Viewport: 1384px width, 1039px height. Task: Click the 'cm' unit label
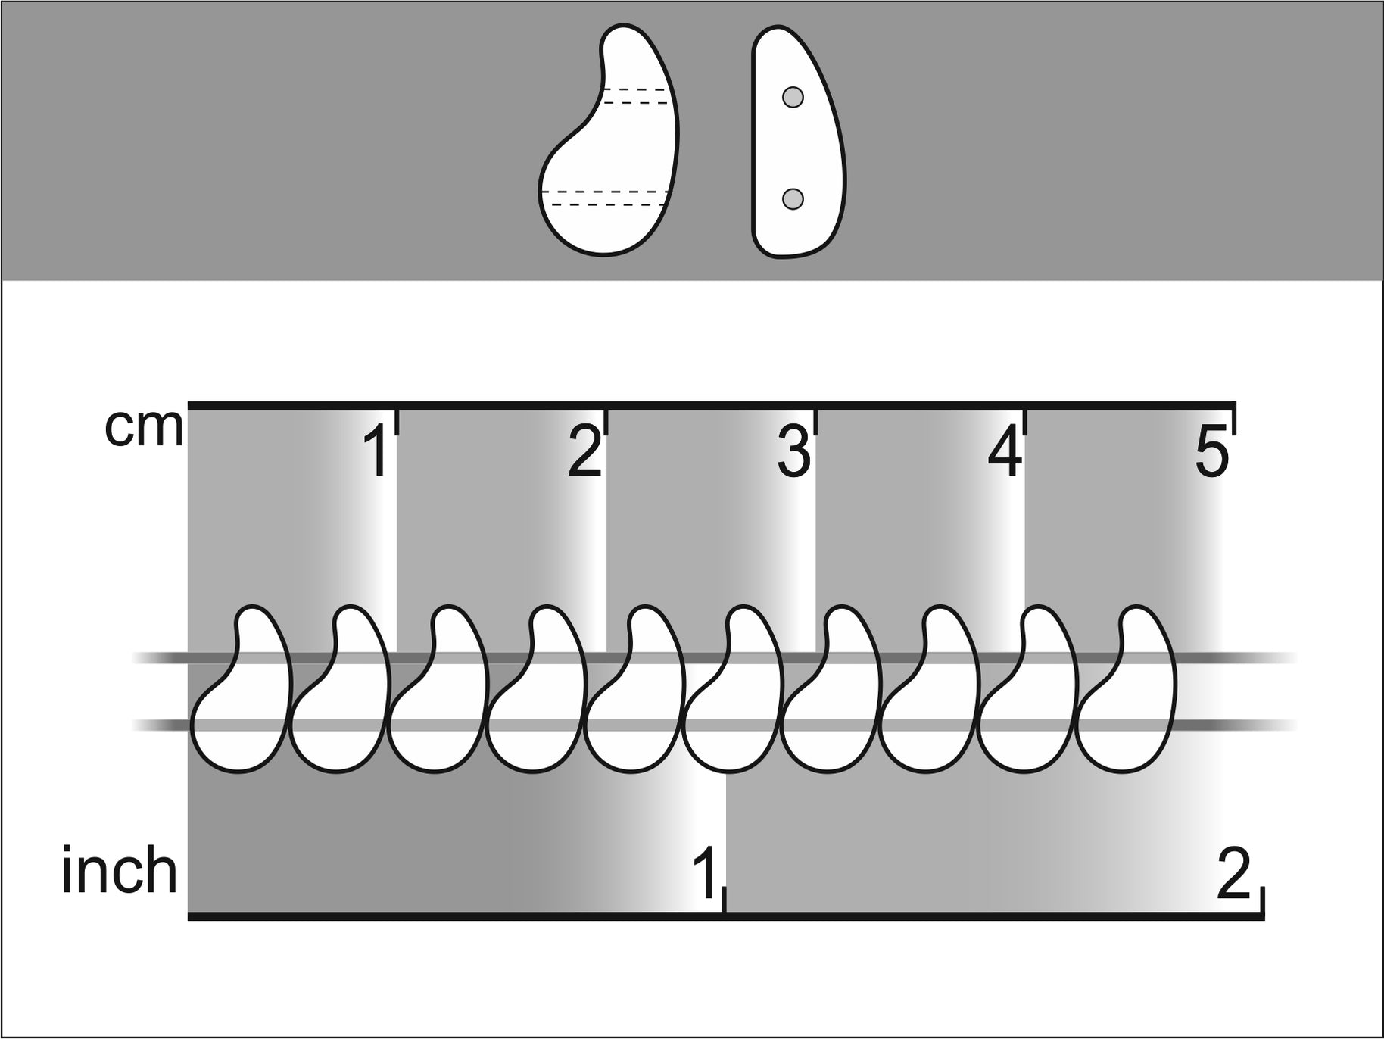[x=144, y=429]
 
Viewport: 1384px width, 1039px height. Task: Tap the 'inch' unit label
[x=120, y=871]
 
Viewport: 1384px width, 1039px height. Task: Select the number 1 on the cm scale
[x=377, y=452]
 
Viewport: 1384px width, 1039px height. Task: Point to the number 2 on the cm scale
[x=584, y=452]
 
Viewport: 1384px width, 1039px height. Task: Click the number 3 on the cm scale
[x=793, y=452]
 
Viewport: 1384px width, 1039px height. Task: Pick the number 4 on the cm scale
[x=1004, y=452]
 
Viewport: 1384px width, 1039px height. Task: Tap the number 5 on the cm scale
[x=1212, y=453]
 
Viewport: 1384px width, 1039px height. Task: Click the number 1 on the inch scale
[x=705, y=874]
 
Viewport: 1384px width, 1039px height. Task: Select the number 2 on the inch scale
[x=1233, y=874]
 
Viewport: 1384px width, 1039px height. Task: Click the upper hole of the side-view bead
[x=793, y=98]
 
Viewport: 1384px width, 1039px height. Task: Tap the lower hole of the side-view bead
[x=793, y=198]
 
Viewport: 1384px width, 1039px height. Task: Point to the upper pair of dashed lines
[x=634, y=95]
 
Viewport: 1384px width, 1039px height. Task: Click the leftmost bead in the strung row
[x=242, y=688]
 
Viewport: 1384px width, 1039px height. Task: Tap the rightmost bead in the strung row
[x=1127, y=688]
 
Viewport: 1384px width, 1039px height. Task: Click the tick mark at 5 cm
[x=1235, y=419]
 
